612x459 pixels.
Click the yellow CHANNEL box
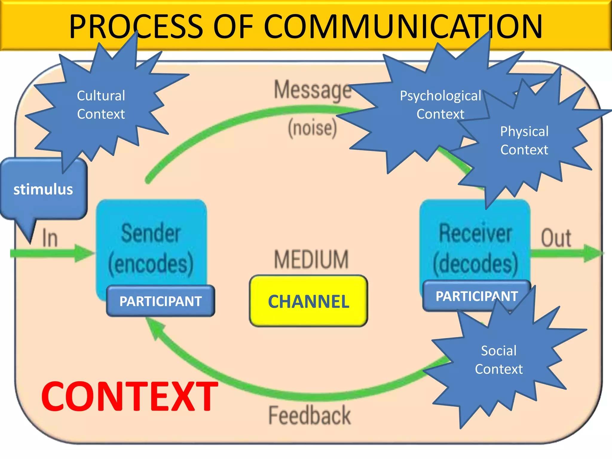click(x=308, y=301)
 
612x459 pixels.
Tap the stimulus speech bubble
click(x=43, y=189)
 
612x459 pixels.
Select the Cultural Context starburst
click(x=101, y=105)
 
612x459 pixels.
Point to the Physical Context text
click(x=524, y=140)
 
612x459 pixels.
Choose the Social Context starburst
click(x=499, y=360)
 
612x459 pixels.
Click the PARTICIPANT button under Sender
click(x=160, y=301)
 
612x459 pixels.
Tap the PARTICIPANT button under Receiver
click(x=476, y=296)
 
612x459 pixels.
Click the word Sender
click(x=151, y=233)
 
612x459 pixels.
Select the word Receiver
click(x=475, y=233)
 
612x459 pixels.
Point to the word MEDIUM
click(x=311, y=259)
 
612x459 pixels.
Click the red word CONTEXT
click(x=129, y=397)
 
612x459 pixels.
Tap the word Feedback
click(x=310, y=415)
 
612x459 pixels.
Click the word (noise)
click(x=312, y=128)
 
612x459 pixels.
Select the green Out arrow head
click(x=593, y=253)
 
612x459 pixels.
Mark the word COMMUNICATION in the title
click(x=403, y=27)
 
